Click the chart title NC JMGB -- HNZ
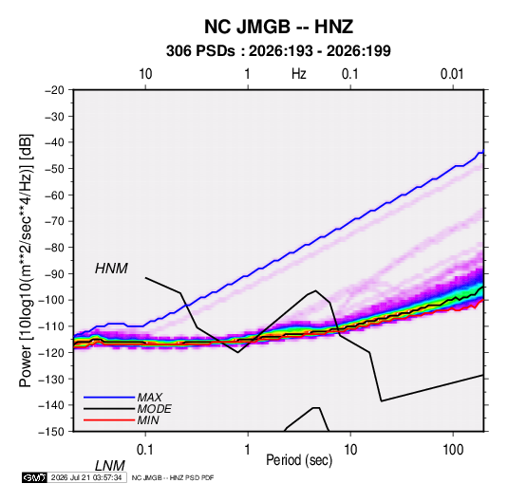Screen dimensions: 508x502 [x=278, y=27]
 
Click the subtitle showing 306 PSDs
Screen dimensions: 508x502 [x=278, y=51]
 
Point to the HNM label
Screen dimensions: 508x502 [x=111, y=269]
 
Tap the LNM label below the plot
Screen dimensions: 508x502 [x=110, y=466]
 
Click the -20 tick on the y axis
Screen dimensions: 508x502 [x=54, y=90]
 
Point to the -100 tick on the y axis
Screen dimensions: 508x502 [x=51, y=300]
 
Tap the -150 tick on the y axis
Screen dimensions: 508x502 [x=51, y=432]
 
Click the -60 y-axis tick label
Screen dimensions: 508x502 [x=54, y=195]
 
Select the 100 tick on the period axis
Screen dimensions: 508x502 [x=453, y=450]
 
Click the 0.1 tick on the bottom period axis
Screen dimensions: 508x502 [x=145, y=450]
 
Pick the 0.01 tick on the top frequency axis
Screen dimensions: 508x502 [x=452, y=74]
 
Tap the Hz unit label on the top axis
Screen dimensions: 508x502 [x=299, y=74]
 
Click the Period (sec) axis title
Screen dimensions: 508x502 [x=299, y=460]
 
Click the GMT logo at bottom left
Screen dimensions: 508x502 [x=34, y=477]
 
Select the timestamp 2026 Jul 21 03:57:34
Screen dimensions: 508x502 [x=86, y=477]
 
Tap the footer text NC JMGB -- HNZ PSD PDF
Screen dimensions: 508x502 [x=173, y=477]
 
